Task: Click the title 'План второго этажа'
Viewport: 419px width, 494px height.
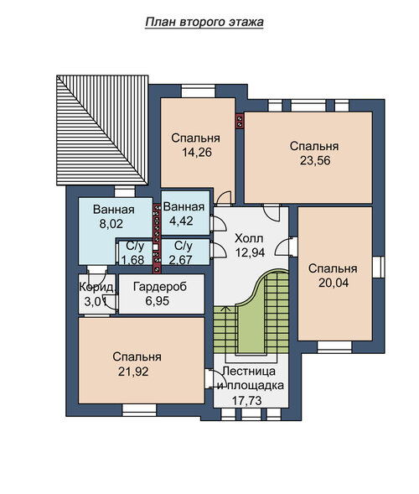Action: click(x=204, y=23)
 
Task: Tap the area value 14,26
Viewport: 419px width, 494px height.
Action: click(x=197, y=153)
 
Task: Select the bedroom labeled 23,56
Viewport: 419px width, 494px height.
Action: click(x=308, y=157)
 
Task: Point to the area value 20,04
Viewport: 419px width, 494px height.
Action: click(x=334, y=283)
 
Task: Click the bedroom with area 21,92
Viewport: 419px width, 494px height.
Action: click(x=142, y=361)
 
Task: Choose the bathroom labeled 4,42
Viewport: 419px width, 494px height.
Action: click(x=185, y=213)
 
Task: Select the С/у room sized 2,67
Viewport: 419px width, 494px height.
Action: click(x=185, y=252)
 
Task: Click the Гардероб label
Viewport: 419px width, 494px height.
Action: click(x=160, y=287)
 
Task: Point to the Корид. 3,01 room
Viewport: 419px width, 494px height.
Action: click(x=97, y=294)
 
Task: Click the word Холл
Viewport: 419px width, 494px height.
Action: click(x=249, y=238)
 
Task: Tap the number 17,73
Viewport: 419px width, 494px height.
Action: click(x=247, y=401)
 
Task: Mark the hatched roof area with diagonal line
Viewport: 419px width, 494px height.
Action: click(x=102, y=130)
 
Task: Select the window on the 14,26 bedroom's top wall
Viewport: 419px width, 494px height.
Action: click(x=198, y=91)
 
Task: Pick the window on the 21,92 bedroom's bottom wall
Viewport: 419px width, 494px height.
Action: click(x=139, y=410)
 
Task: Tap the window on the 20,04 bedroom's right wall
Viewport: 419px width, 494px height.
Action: click(x=379, y=268)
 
